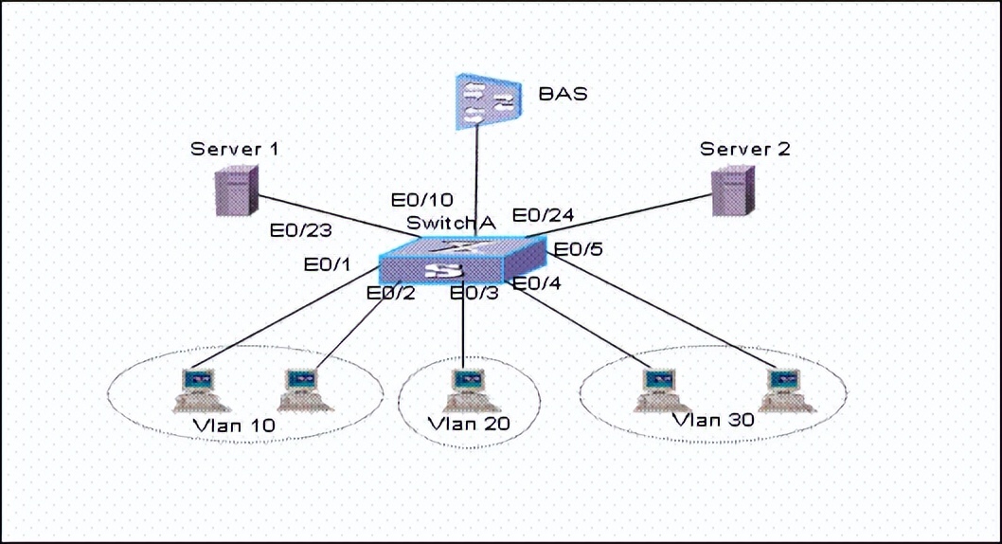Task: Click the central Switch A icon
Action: (x=462, y=260)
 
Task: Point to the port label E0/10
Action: (x=423, y=200)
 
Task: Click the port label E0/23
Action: (x=300, y=229)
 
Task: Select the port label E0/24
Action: (x=544, y=215)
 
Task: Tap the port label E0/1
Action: (x=328, y=264)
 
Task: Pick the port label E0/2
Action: (x=391, y=293)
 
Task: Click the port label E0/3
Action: (x=474, y=293)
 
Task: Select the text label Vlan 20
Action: (x=469, y=423)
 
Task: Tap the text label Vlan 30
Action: (x=713, y=419)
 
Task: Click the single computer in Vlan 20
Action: (x=465, y=389)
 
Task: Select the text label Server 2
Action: (x=745, y=149)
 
